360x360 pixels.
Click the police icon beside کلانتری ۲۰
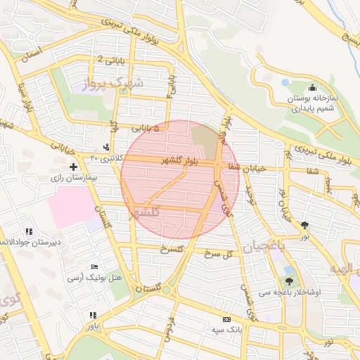106,147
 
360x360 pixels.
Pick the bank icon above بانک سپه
226,318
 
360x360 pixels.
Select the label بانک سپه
226,328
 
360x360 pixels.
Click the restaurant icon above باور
92,316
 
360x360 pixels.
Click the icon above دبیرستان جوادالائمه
28,231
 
